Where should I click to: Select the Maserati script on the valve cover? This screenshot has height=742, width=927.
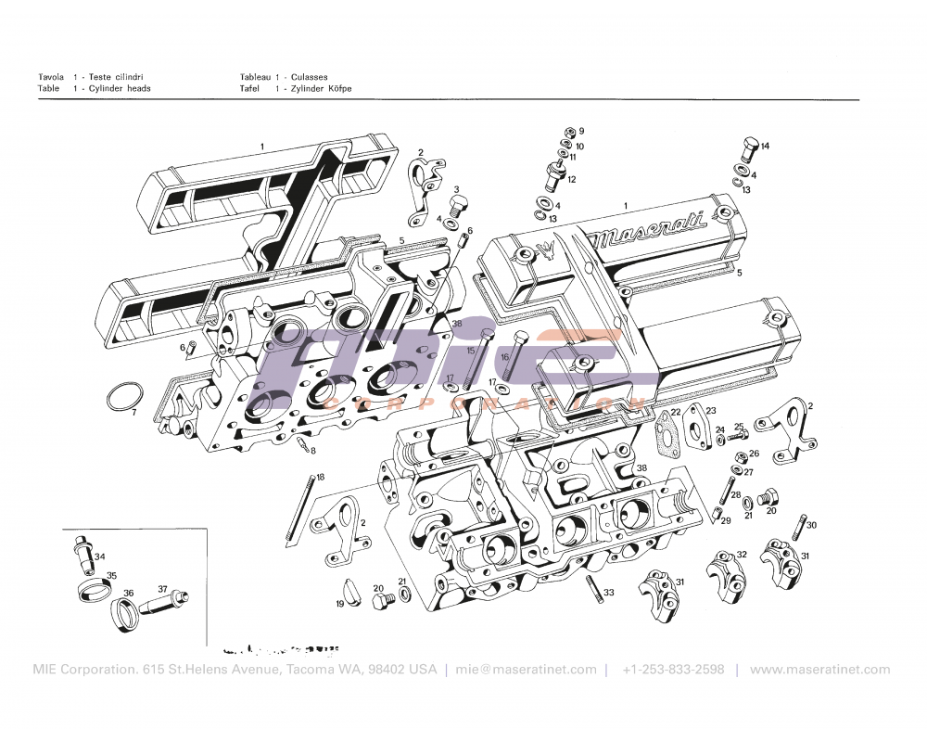[x=649, y=230]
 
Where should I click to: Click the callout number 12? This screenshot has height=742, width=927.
[x=572, y=179]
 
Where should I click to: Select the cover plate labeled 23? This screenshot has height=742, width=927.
[x=694, y=428]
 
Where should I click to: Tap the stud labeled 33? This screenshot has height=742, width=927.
[x=591, y=588]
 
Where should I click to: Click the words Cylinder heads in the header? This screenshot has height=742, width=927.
[x=120, y=89]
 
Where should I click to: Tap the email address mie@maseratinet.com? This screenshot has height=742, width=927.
[x=526, y=670]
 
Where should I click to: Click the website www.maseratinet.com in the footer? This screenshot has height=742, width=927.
[x=819, y=670]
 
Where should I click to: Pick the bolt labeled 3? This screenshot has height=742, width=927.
[x=455, y=204]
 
